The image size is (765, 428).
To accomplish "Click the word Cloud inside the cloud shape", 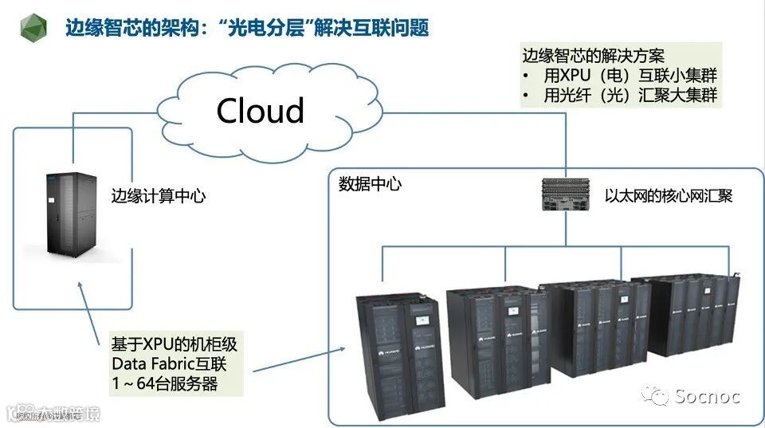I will click(x=261, y=111).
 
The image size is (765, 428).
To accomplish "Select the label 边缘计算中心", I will click(x=158, y=195).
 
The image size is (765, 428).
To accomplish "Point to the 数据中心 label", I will click(x=370, y=185).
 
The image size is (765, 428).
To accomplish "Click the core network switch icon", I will click(x=567, y=196).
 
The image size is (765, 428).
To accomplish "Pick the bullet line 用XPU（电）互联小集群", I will click(x=629, y=77).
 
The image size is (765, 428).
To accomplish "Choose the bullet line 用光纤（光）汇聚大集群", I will click(x=629, y=96).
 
